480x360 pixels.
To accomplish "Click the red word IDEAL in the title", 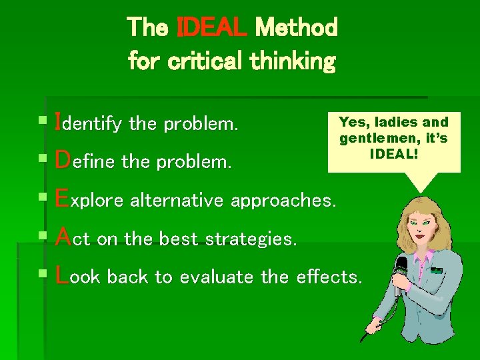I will pos(213,28).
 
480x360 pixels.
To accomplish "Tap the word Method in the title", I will pos(296,28).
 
